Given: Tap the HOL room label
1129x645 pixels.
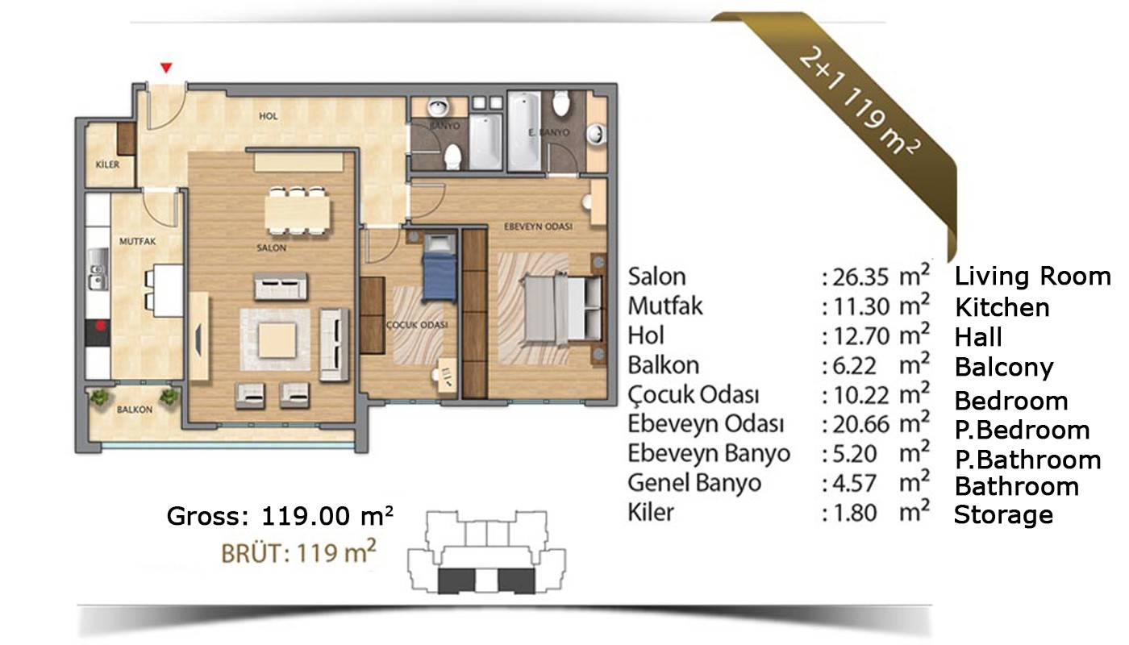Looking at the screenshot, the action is tap(268, 116).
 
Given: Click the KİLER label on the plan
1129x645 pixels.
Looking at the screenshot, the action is tap(107, 164).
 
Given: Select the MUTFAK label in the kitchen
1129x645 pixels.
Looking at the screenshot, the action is tap(138, 241).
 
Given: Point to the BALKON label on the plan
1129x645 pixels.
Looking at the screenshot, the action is tap(135, 410).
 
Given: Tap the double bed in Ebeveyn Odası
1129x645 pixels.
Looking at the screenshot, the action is tap(564, 308).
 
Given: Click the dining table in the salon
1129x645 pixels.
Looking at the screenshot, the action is tap(298, 211).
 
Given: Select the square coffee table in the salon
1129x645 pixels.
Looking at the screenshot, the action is tap(277, 340).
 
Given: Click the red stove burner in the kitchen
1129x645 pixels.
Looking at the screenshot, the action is tap(101, 325).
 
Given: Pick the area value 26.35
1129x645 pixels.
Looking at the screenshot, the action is tap(860, 277).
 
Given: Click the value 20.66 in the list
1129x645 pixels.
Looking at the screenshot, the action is tap(860, 424).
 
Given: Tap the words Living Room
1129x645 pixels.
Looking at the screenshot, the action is tap(1032, 276).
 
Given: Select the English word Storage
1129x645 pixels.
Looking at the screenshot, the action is tap(1003, 514).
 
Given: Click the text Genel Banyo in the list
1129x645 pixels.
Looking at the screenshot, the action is tap(694, 483).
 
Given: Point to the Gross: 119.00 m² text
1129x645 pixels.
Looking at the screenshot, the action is tap(280, 516).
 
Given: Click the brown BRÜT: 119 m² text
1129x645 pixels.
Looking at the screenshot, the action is tap(298, 552).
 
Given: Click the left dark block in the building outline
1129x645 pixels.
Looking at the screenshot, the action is tap(456, 581).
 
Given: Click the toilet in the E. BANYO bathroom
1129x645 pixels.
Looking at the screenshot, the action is tap(561, 102).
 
